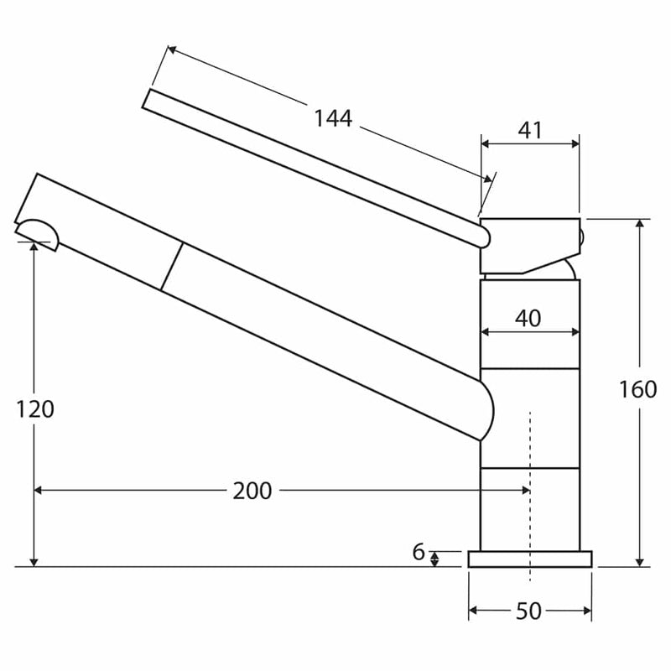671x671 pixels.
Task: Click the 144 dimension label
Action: coord(333,118)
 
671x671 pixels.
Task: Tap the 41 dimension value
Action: coord(530,130)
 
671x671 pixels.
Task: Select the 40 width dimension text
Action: coord(528,319)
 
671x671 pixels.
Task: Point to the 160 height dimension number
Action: coord(638,389)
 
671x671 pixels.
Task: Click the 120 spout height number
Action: coord(35,409)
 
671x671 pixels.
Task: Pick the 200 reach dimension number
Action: coord(252,491)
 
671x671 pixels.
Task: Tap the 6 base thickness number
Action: coord(418,552)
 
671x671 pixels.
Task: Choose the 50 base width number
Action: coord(529,611)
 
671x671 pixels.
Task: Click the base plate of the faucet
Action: coord(530,559)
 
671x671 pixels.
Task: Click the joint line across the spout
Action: coord(172,267)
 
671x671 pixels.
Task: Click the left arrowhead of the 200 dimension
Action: coord(38,490)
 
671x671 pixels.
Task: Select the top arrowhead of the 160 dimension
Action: coord(640,224)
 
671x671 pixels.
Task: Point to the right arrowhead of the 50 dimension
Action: coord(587,611)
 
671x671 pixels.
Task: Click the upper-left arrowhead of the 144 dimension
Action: coord(172,50)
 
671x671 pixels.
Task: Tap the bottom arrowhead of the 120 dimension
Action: coord(34,562)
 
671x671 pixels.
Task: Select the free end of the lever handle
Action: coord(146,99)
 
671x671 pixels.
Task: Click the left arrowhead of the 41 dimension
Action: coord(486,143)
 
